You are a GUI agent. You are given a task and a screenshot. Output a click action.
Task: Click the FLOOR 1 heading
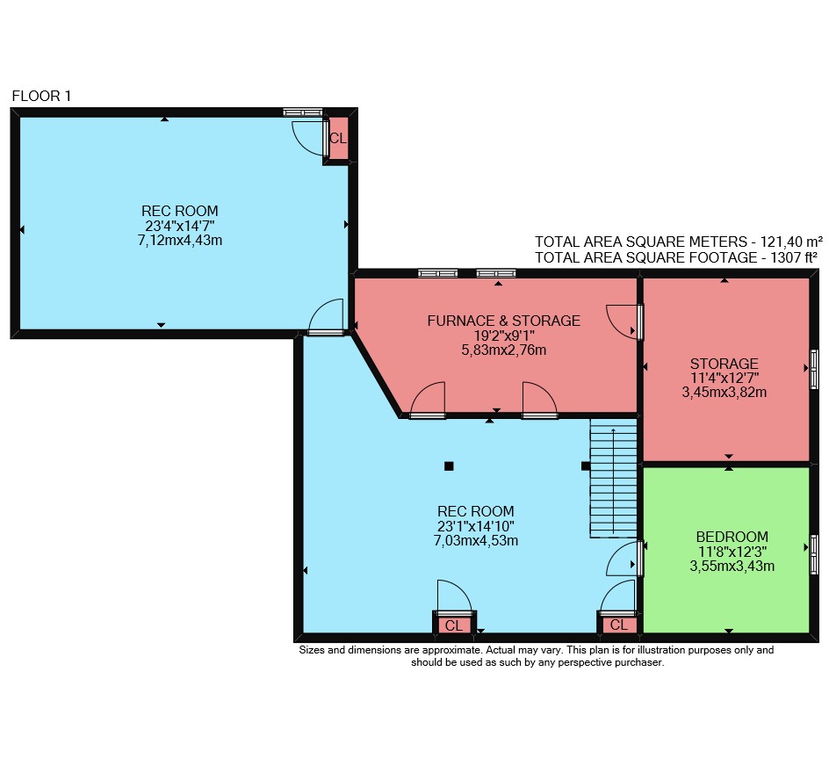pyautogui.click(x=41, y=96)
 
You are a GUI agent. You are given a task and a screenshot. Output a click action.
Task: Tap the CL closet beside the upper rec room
pyautogui.click(x=338, y=138)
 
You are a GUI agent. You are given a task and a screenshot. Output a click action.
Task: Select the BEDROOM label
pyautogui.click(x=732, y=537)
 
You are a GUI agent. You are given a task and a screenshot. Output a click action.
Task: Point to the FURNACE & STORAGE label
pyautogui.click(x=503, y=321)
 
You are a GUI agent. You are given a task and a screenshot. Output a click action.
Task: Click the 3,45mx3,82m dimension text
pyautogui.click(x=724, y=393)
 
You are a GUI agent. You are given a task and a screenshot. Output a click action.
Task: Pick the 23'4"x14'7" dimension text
pyautogui.click(x=180, y=226)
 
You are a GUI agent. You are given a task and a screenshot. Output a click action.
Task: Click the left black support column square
pyautogui.click(x=449, y=466)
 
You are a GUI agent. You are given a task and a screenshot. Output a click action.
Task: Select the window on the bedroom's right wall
pyautogui.click(x=814, y=554)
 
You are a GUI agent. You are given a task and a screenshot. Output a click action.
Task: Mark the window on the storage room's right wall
pyautogui.click(x=814, y=369)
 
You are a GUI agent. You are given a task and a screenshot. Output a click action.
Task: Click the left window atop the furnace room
pyautogui.click(x=437, y=273)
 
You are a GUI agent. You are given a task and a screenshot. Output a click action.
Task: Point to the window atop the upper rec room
pyautogui.click(x=302, y=112)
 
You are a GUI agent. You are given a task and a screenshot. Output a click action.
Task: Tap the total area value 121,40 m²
pyautogui.click(x=791, y=242)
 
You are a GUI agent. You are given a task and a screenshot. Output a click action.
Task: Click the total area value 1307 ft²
pyautogui.click(x=794, y=257)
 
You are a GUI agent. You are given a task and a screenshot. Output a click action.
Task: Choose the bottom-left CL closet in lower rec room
pyautogui.click(x=454, y=625)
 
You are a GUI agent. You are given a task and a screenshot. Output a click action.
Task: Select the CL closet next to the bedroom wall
pyautogui.click(x=618, y=624)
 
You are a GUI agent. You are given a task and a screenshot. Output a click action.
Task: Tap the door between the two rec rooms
pyautogui.click(x=326, y=317)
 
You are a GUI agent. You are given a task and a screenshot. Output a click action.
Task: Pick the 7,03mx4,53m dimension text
pyautogui.click(x=476, y=540)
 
